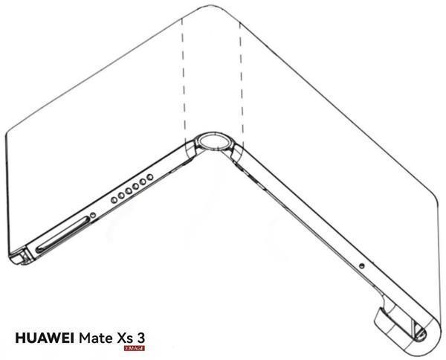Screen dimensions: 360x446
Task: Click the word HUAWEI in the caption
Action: [x=45, y=338]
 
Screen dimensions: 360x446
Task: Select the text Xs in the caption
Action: [x=124, y=338]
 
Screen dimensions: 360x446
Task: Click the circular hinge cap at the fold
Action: [x=214, y=143]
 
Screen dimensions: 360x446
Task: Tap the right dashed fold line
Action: [x=240, y=74]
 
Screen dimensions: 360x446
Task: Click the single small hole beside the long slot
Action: [x=92, y=216]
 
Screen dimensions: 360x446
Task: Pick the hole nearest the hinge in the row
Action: [x=150, y=177]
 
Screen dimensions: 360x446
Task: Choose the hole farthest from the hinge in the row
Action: [x=112, y=199]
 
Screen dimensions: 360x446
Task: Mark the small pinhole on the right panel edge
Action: [x=361, y=267]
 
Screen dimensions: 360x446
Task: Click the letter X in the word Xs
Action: [x=120, y=338]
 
